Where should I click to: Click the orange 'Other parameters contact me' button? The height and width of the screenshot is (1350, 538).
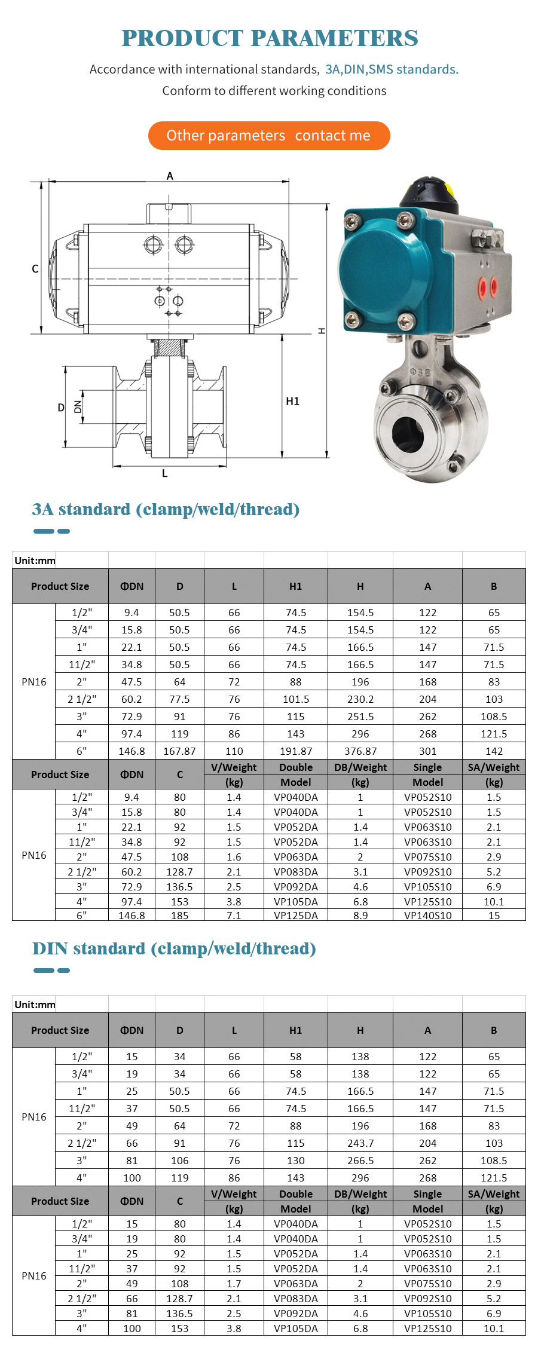pyautogui.click(x=269, y=136)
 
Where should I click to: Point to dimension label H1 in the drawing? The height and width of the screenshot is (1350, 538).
pyautogui.click(x=292, y=401)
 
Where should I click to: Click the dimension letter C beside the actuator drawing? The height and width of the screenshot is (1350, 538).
pyautogui.click(x=35, y=269)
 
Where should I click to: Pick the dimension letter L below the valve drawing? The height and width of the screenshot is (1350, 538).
pyautogui.click(x=165, y=473)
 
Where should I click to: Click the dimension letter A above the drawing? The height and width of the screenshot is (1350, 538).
pyautogui.click(x=170, y=176)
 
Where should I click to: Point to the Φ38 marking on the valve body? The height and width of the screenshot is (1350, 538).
pyautogui.click(x=420, y=372)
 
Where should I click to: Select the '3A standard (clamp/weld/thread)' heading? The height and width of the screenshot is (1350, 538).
pyautogui.click(x=166, y=509)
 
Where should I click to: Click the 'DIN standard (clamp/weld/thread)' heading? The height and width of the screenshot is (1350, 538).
pyautogui.click(x=174, y=948)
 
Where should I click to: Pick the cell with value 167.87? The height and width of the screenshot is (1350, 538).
pyautogui.click(x=179, y=751)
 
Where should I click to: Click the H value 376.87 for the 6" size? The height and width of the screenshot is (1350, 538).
pyautogui.click(x=360, y=751)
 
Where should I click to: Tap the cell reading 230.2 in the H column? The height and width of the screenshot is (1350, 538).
pyautogui.click(x=360, y=699)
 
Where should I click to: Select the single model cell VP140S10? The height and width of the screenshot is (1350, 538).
pyautogui.click(x=427, y=916)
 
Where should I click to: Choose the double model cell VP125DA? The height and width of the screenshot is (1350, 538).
pyautogui.click(x=295, y=916)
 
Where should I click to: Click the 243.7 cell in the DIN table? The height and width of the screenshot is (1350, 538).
pyautogui.click(x=360, y=1143)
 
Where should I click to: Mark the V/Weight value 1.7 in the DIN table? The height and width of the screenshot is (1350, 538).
pyautogui.click(x=234, y=1284)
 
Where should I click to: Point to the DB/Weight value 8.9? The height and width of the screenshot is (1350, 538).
pyautogui.click(x=360, y=916)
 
